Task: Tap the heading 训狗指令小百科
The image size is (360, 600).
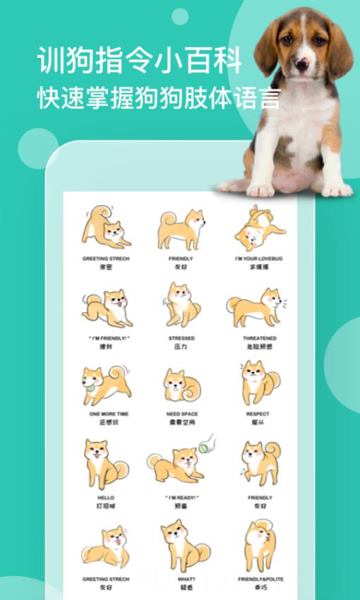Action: point(139,61)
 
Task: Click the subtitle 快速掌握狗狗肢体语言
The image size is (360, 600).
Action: point(160,97)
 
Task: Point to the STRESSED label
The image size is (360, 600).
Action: point(181,338)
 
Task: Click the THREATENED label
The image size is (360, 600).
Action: point(260,338)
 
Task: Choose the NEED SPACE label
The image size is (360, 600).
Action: point(182,414)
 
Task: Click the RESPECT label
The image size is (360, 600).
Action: point(258,414)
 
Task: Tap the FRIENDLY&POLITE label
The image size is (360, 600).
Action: point(260,579)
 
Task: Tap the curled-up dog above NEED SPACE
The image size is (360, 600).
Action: point(182,385)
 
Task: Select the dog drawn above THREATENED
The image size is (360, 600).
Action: point(256,308)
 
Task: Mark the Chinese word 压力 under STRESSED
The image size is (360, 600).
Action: point(181,347)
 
